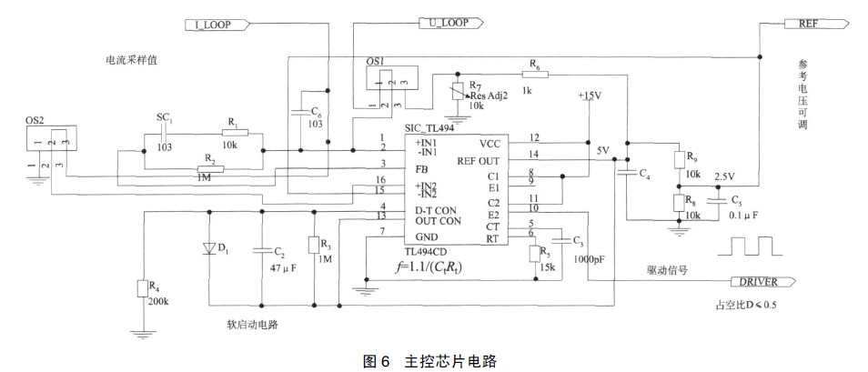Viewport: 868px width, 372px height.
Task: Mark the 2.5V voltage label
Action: coord(725,176)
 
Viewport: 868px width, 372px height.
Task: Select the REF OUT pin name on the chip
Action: coord(479,159)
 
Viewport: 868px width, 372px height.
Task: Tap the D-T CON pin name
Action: coord(412,210)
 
